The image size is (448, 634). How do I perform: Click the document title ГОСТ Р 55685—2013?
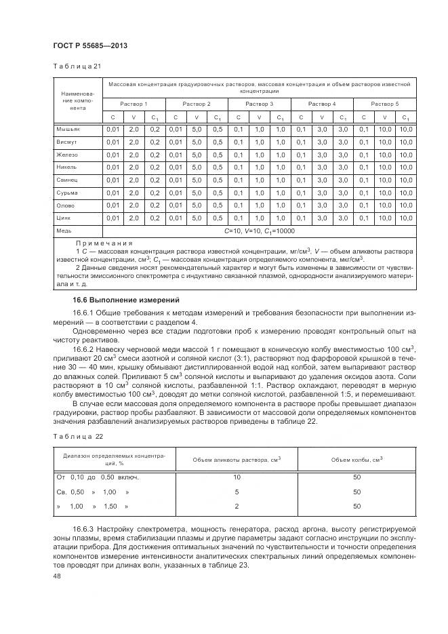click(x=90, y=45)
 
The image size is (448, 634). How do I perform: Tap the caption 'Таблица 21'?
click(x=77, y=66)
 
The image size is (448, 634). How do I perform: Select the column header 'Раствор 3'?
click(x=259, y=104)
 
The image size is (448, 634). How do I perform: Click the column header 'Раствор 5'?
click(x=385, y=104)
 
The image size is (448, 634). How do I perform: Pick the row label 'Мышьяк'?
click(x=70, y=129)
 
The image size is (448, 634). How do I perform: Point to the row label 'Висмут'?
click(x=68, y=142)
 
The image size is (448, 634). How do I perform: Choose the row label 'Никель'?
click(x=69, y=167)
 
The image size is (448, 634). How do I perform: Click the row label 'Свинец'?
click(x=69, y=180)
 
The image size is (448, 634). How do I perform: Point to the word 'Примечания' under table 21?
click(x=104, y=243)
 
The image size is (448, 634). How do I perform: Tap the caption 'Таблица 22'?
click(x=77, y=436)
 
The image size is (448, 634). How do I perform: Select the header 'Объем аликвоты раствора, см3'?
click(x=237, y=460)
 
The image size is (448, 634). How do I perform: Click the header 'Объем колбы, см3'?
click(x=357, y=460)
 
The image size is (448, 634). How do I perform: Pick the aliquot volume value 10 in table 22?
click(x=237, y=478)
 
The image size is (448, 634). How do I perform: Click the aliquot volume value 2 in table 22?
click(x=237, y=506)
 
